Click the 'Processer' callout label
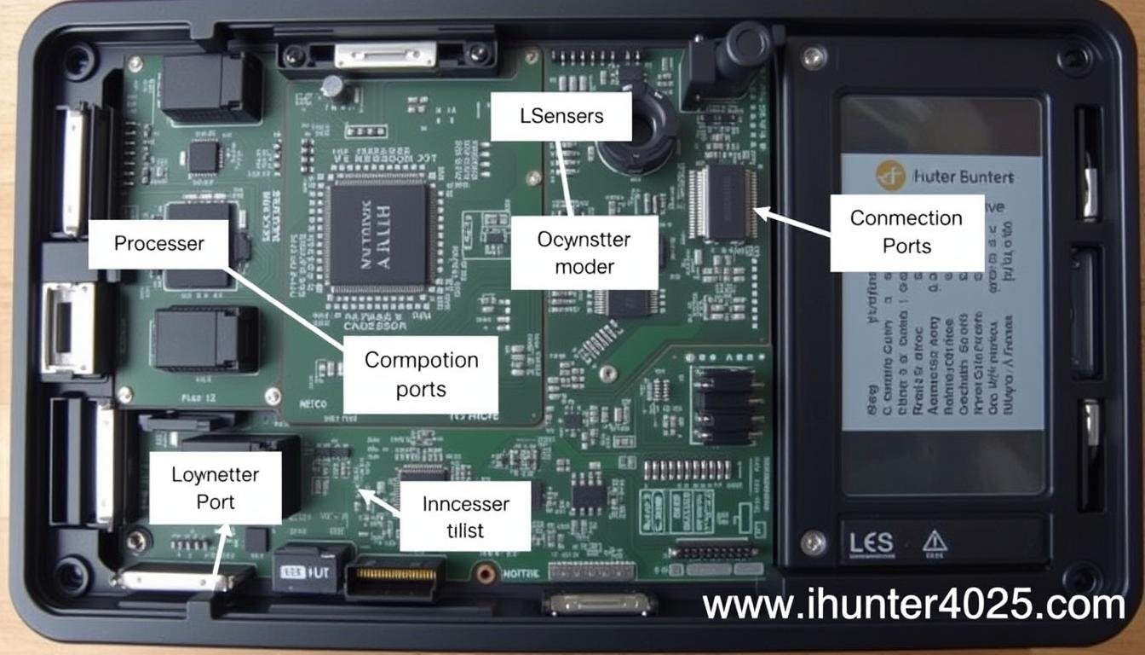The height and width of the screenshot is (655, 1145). [159, 244]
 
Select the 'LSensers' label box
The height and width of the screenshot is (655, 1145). [561, 117]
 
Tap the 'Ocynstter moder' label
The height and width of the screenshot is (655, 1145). [584, 252]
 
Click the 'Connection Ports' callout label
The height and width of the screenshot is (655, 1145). [906, 232]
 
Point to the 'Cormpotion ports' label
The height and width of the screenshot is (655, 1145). [421, 374]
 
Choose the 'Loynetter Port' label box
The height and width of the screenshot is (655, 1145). [215, 488]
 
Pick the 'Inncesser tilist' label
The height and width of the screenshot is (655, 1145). [465, 516]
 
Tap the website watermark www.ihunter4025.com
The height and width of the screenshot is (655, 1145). [914, 606]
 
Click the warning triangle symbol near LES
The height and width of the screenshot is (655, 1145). [935, 541]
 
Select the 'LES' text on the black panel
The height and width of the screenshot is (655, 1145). [871, 542]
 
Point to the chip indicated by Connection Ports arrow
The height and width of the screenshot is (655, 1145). [724, 204]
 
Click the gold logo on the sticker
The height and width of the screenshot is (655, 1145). [889, 176]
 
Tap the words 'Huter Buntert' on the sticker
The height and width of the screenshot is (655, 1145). [963, 177]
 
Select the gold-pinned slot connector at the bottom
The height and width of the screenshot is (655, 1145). [394, 576]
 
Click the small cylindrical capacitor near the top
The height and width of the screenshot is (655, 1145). [333, 88]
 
